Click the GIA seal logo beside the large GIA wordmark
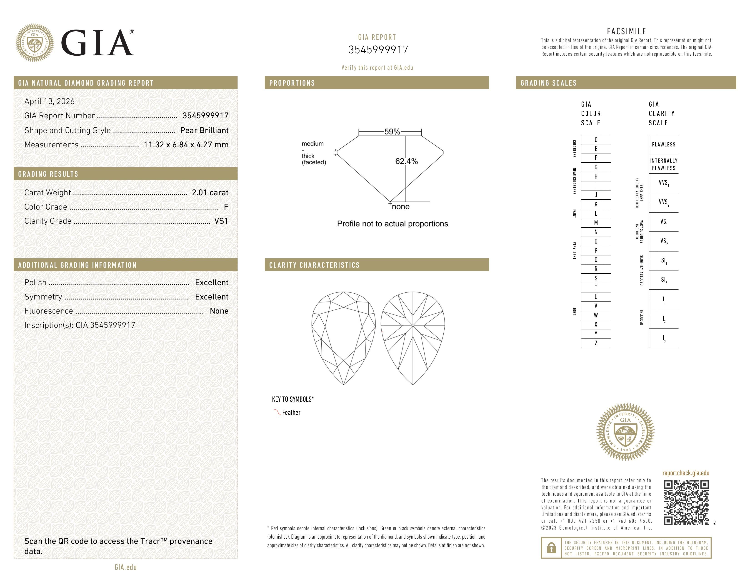34,43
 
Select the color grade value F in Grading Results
226,207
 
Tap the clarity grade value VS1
221,221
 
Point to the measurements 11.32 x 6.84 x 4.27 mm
186,145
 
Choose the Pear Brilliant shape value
204,130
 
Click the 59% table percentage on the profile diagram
392,132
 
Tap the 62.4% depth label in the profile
406,161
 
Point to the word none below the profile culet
400,206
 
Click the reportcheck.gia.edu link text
685,473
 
